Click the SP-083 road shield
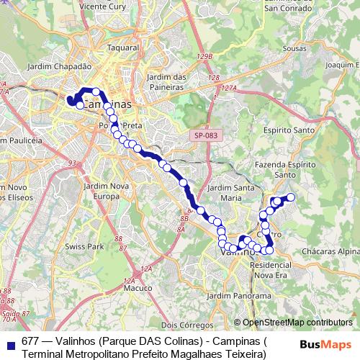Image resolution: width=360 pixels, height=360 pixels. [205, 135]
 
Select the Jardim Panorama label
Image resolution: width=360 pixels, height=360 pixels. [233, 295]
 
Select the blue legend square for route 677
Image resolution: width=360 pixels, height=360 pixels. [9, 342]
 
